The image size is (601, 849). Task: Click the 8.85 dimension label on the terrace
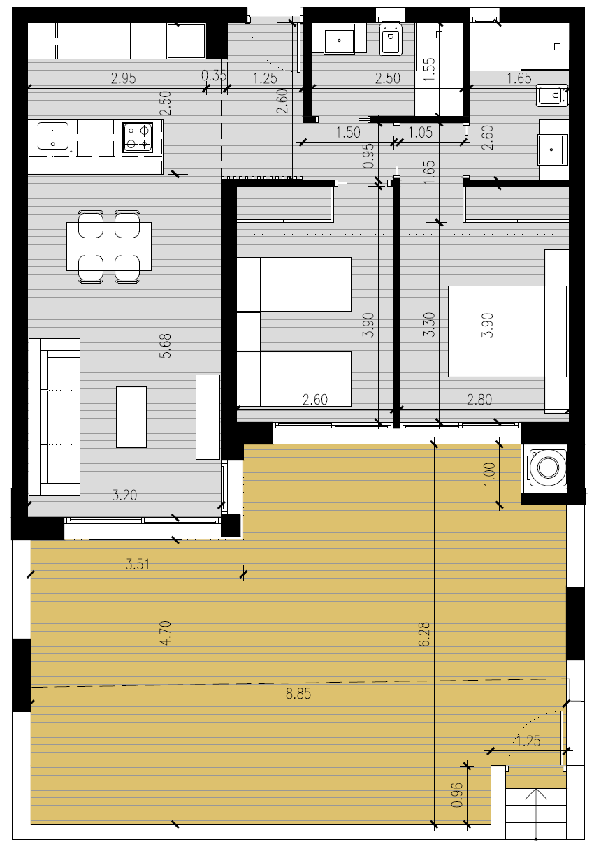298,693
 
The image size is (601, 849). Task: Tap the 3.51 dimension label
138,565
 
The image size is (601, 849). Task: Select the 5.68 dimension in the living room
166,346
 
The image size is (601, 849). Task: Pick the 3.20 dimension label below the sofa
124,495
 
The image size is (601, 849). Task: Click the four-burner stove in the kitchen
138,137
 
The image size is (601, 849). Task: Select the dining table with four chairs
109,247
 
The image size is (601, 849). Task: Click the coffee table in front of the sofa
131,417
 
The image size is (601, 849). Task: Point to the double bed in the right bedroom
507,331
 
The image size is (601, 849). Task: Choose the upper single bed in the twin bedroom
294,284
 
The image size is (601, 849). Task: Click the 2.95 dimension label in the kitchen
124,78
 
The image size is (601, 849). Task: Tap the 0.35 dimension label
214,75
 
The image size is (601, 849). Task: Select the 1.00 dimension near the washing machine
490,474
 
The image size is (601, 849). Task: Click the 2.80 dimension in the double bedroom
479,400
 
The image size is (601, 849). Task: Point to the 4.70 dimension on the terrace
166,633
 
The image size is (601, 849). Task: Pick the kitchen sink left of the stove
53,136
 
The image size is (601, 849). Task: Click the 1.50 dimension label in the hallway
348,132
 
